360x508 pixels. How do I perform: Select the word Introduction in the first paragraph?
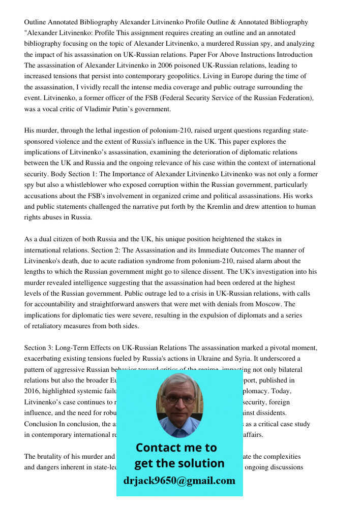point(292,55)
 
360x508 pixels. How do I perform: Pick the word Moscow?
point(268,304)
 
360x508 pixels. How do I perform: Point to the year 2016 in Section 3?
point(33,391)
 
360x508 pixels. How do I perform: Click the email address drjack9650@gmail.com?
point(179,481)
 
